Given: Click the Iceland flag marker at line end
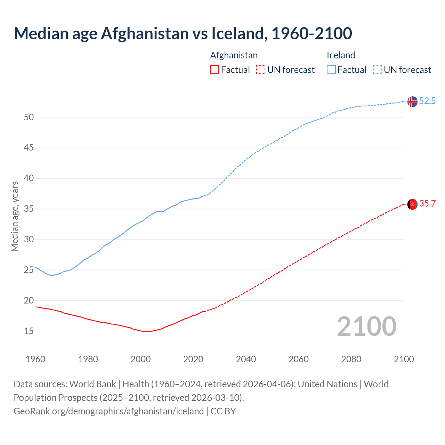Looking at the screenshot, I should pyautogui.click(x=412, y=102).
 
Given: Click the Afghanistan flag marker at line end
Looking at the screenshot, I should pyautogui.click(x=412, y=204).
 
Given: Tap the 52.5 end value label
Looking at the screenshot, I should pyautogui.click(x=427, y=101).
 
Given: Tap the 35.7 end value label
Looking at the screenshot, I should pyautogui.click(x=427, y=204).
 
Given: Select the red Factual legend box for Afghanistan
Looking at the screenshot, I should pyautogui.click(x=215, y=70).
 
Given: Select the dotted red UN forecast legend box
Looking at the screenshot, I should pyautogui.click(x=261, y=70).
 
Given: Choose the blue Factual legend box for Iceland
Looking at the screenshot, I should pyautogui.click(x=331, y=70).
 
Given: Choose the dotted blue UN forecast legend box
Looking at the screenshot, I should pyautogui.click(x=377, y=70).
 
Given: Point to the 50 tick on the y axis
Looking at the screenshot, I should pyautogui.click(x=29, y=118).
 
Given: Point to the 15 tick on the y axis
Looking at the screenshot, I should pyautogui.click(x=29, y=331).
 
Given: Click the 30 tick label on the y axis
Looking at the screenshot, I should pyautogui.click(x=29, y=240).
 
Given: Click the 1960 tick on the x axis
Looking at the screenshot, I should pyautogui.click(x=35, y=359).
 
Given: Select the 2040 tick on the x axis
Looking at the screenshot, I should pyautogui.click(x=246, y=359).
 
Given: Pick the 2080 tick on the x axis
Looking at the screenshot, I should pyautogui.click(x=351, y=359).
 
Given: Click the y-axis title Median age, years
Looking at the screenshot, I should pyautogui.click(x=15, y=216).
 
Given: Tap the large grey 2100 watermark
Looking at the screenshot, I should pyautogui.click(x=366, y=326).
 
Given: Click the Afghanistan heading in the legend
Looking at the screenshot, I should pyautogui.click(x=234, y=55).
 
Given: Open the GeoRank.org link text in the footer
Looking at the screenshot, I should pyautogui.click(x=108, y=411).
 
